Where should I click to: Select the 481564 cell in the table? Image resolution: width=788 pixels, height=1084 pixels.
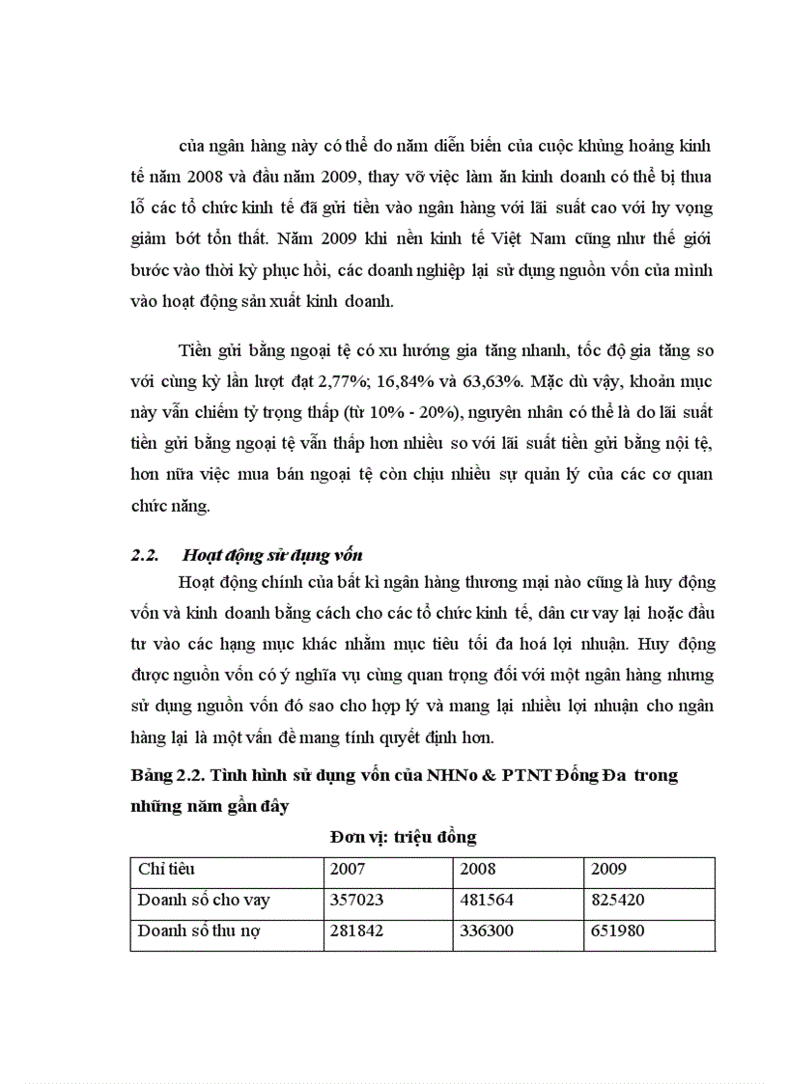(486, 900)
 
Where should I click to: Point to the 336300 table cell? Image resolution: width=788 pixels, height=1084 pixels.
(486, 931)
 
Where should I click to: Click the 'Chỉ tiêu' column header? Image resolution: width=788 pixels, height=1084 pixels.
(166, 869)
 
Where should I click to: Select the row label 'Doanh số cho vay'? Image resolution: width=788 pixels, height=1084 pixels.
(204, 900)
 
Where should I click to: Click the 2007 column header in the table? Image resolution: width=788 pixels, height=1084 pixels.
(348, 869)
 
